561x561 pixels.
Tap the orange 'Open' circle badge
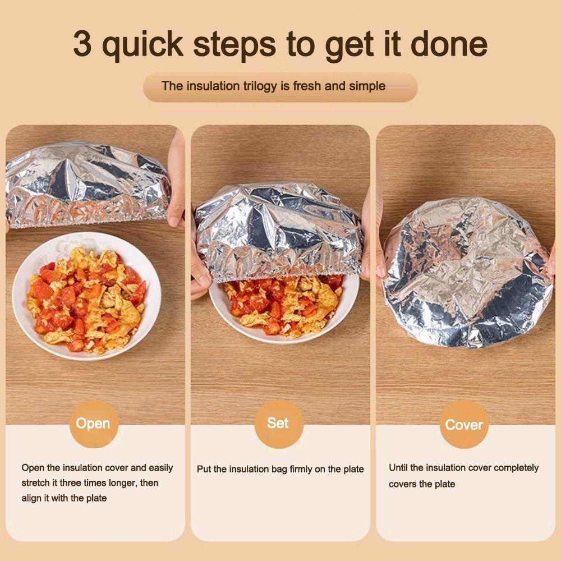tap(93, 424)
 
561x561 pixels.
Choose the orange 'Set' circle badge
tap(278, 423)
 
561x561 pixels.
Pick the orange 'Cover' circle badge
tap(463, 425)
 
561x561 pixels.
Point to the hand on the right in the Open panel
tap(176, 180)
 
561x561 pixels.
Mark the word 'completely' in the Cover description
tap(517, 468)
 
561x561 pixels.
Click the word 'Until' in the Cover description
tap(398, 468)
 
